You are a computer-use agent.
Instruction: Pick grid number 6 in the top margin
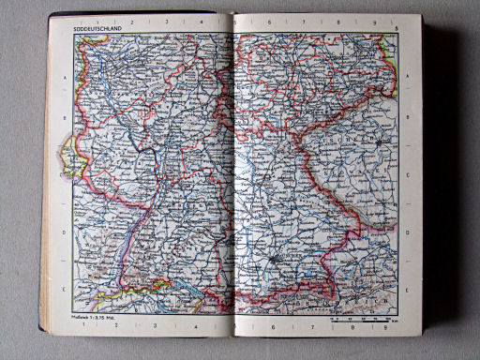pos(270,20)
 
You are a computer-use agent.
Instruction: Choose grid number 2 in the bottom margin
pos(130,327)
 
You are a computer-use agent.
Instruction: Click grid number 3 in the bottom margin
pos(163,327)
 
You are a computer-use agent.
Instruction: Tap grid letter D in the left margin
pos(63,233)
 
